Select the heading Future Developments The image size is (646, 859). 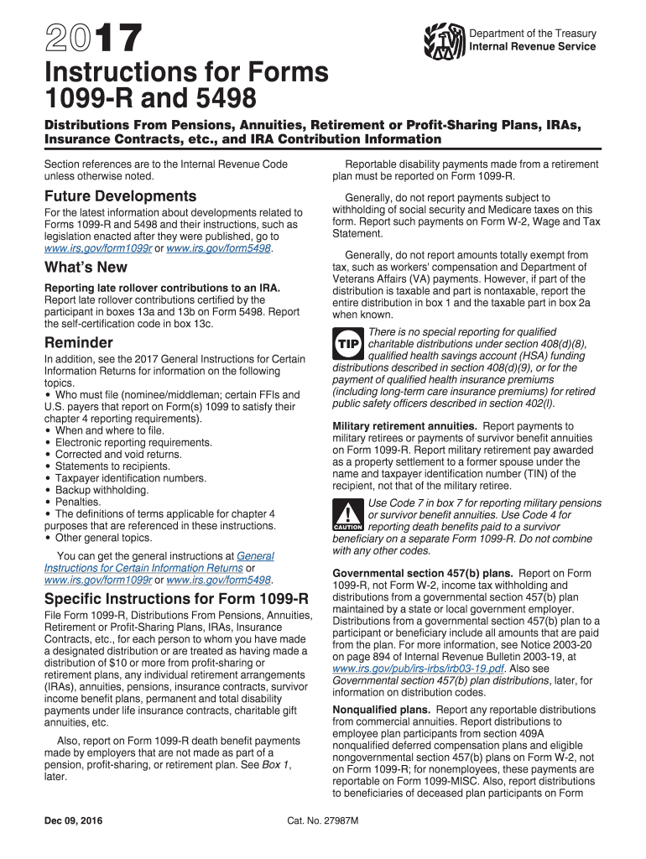click(120, 195)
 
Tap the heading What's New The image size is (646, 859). click(86, 267)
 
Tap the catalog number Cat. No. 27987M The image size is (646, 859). click(323, 821)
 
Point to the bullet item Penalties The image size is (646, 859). click(78, 502)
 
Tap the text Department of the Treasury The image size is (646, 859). click(533, 34)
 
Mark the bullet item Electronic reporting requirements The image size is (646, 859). click(122, 442)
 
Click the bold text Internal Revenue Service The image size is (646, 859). click(533, 46)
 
